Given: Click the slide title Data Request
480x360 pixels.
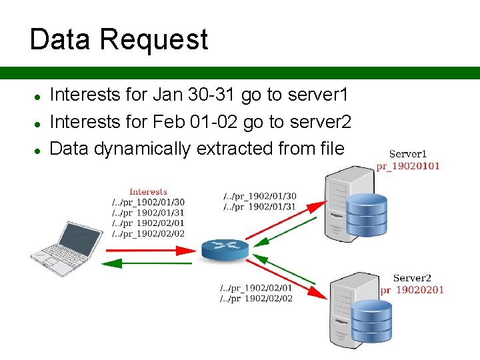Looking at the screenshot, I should (119, 39).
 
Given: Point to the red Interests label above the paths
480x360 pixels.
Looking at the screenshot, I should (148, 192).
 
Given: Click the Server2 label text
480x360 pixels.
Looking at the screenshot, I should (412, 278).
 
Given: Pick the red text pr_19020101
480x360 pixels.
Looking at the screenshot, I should (408, 166).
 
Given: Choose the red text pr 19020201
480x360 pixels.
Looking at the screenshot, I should (411, 290).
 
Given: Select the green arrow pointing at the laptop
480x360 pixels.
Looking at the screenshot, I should (147, 263).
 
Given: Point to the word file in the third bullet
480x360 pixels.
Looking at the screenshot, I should (331, 149).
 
